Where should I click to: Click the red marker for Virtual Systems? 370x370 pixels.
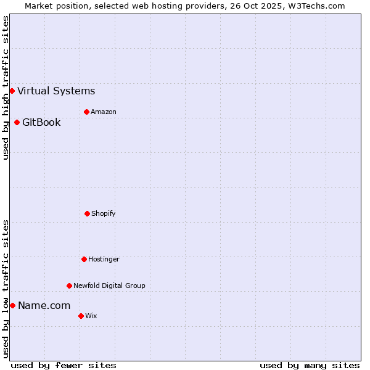12,91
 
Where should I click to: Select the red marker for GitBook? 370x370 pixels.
17,122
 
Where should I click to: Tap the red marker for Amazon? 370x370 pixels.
86,112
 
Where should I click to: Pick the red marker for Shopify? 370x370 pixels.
87,213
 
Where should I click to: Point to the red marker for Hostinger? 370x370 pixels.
84,259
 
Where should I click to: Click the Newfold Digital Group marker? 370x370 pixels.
69,286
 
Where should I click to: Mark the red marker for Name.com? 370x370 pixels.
12,305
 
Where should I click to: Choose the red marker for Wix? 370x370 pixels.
81,316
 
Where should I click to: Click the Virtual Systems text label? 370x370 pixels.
56,91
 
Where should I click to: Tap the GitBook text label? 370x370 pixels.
41,122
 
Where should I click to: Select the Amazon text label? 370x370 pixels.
104,112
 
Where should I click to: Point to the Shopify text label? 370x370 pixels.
104,213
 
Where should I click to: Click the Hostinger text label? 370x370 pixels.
104,259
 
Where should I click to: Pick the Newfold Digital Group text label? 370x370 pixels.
109,286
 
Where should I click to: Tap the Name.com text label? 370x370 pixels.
44,305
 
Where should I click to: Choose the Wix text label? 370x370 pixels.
91,316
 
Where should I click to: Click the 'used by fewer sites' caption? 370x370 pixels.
64,365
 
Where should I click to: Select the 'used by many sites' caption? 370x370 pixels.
310,365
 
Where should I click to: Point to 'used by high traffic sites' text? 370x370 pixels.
6,88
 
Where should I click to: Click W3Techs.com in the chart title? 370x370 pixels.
313,6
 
